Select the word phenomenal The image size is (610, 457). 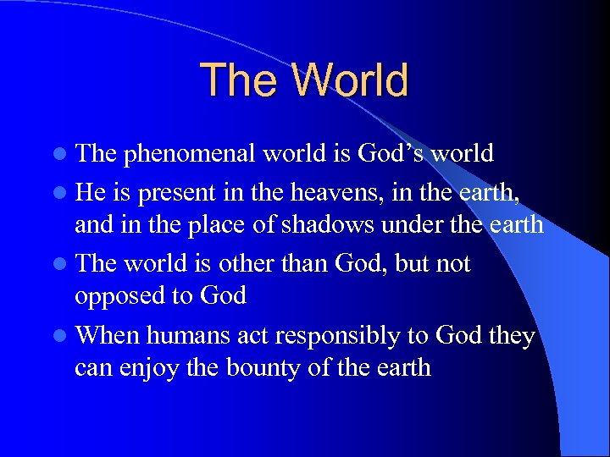(190, 154)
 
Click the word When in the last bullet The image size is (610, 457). (107, 336)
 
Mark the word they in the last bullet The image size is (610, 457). (512, 336)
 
